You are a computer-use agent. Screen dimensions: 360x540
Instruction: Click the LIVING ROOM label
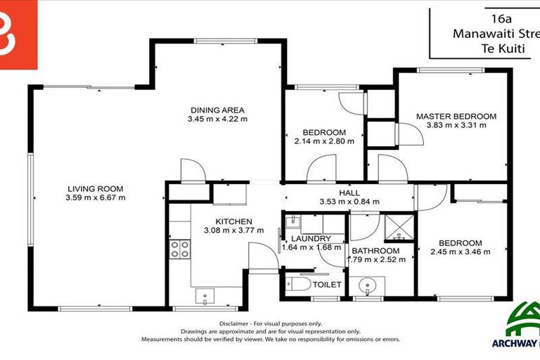tap(96, 188)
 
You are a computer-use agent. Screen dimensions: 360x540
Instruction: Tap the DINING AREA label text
tap(217, 110)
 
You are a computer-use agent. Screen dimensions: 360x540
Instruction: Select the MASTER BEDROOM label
tap(456, 116)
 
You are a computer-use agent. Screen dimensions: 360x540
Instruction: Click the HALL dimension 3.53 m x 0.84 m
tap(349, 202)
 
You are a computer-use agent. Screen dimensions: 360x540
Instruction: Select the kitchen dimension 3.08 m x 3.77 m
tap(233, 230)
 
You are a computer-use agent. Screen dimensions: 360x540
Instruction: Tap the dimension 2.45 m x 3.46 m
tap(461, 251)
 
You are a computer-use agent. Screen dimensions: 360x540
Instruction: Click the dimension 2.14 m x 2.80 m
tap(324, 141)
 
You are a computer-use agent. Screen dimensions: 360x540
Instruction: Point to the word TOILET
tap(327, 285)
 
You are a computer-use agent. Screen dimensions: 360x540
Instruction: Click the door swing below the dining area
tap(192, 169)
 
